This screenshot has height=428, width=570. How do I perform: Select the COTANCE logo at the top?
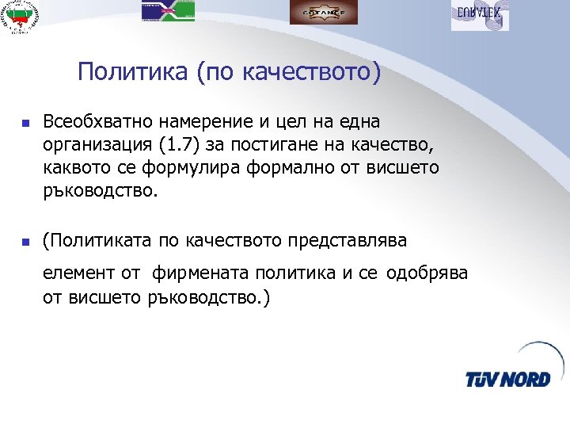(x=323, y=13)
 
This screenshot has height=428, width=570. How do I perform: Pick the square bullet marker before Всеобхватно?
(x=25, y=124)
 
